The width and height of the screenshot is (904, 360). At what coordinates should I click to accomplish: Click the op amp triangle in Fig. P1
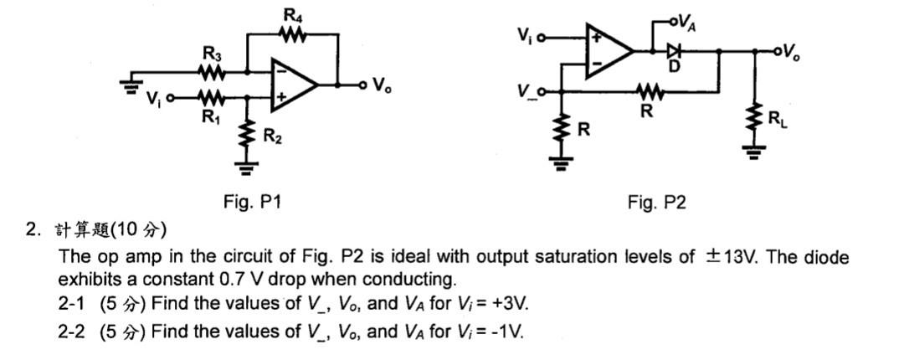coord(294,85)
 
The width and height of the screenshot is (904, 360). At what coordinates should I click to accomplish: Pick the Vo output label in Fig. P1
coord(382,85)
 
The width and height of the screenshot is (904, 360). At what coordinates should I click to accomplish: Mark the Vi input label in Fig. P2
coord(524,37)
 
